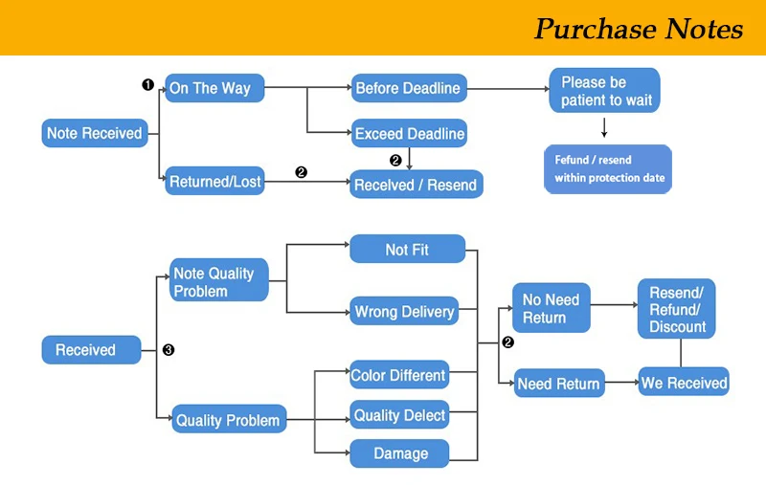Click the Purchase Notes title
pos(638,29)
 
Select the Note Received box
pos(94,133)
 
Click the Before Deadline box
pos(408,88)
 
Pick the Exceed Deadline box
pos(409,134)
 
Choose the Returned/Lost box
pos(214,181)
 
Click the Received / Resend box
pos(416,185)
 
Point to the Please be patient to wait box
pos(604,91)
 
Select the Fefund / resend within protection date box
pos(608,169)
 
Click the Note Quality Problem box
pos(219,281)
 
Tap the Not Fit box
pos(407,250)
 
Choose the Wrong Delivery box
pos(403,312)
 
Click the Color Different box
pos(398,375)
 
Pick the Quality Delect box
pos(399,415)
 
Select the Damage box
pos(399,453)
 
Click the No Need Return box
pos(551,308)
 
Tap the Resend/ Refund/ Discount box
pos(677,308)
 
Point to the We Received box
pos(684,383)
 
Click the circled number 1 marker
pos(147,84)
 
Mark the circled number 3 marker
pos(169,350)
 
